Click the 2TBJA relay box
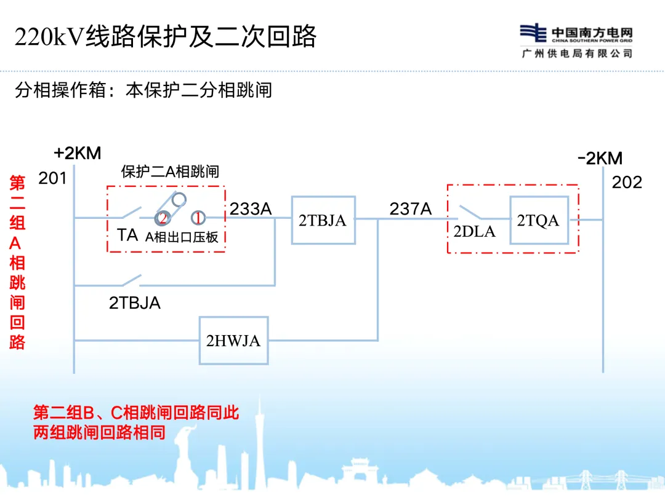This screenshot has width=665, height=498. tap(323, 220)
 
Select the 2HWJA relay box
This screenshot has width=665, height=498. tap(233, 340)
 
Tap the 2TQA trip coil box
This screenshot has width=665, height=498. tap(538, 220)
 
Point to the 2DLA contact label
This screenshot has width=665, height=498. tap(474, 232)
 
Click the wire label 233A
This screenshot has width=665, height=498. tap(251, 209)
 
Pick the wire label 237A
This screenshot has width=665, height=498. tap(411, 209)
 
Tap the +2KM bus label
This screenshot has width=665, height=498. tap(77, 153)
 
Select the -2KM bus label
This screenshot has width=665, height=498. tap(600, 159)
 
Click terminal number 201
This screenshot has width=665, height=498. tap(52, 178)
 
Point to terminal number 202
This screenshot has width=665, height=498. tap(627, 182)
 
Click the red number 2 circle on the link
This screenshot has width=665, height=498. tap(163, 218)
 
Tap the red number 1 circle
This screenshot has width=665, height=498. tap(198, 218)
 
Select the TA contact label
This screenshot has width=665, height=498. tap(127, 235)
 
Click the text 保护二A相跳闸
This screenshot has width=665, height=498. tap(170, 172)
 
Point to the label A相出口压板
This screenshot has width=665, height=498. tap(182, 237)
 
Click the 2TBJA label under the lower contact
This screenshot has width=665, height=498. tap(135, 302)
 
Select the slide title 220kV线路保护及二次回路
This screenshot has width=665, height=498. tap(166, 37)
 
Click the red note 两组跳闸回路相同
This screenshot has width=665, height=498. tap(100, 432)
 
